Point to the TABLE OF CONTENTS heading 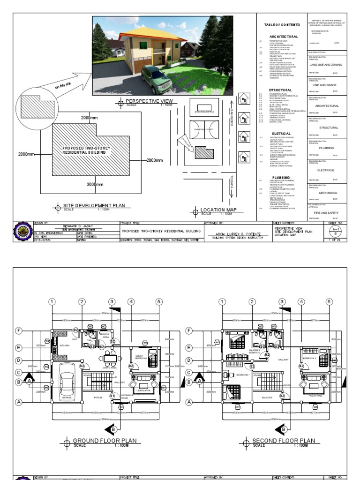pos(280,24)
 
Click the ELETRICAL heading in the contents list pos(280,134)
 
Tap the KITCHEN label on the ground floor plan pos(65,345)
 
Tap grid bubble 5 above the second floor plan pos(330,301)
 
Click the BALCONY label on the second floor pos(267,397)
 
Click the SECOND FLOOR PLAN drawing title pos(284,441)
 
